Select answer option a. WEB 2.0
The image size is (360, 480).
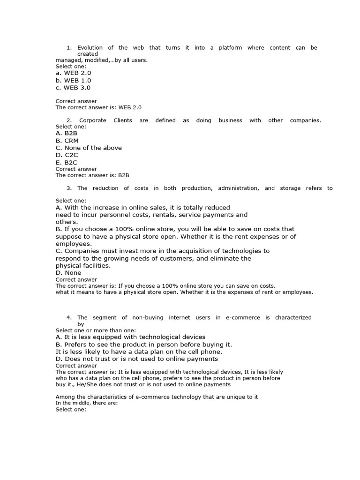[73, 73]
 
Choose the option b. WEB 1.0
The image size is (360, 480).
[73, 80]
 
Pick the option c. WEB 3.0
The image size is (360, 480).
[73, 87]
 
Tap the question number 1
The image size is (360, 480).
[68, 47]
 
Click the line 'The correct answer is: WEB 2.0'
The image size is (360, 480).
[98, 107]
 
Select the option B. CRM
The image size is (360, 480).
[67, 141]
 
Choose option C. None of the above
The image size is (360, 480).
[89, 148]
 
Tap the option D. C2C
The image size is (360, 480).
[67, 155]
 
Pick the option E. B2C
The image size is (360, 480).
[67, 162]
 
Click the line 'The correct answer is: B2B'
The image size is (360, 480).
[92, 175]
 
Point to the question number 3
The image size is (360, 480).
[68, 188]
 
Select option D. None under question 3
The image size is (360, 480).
[68, 273]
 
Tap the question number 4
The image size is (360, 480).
[68, 317]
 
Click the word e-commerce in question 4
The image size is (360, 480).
[243, 317]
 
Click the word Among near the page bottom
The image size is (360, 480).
[66, 397]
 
